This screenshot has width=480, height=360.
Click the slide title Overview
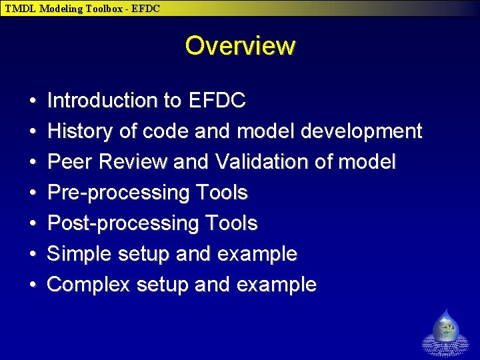click(239, 46)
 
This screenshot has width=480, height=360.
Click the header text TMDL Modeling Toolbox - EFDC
click(83, 8)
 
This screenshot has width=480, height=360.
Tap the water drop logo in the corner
click(446, 332)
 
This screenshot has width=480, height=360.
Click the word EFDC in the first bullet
click(217, 101)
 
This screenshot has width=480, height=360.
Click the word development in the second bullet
click(361, 131)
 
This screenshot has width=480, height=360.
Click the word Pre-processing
click(119, 193)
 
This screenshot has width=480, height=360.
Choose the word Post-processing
click(123, 223)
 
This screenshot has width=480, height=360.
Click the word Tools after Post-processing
click(231, 223)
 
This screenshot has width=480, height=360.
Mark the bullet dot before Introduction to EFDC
click(33, 101)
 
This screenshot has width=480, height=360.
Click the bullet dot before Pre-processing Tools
click(33, 193)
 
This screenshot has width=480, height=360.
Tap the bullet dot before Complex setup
click(33, 285)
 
